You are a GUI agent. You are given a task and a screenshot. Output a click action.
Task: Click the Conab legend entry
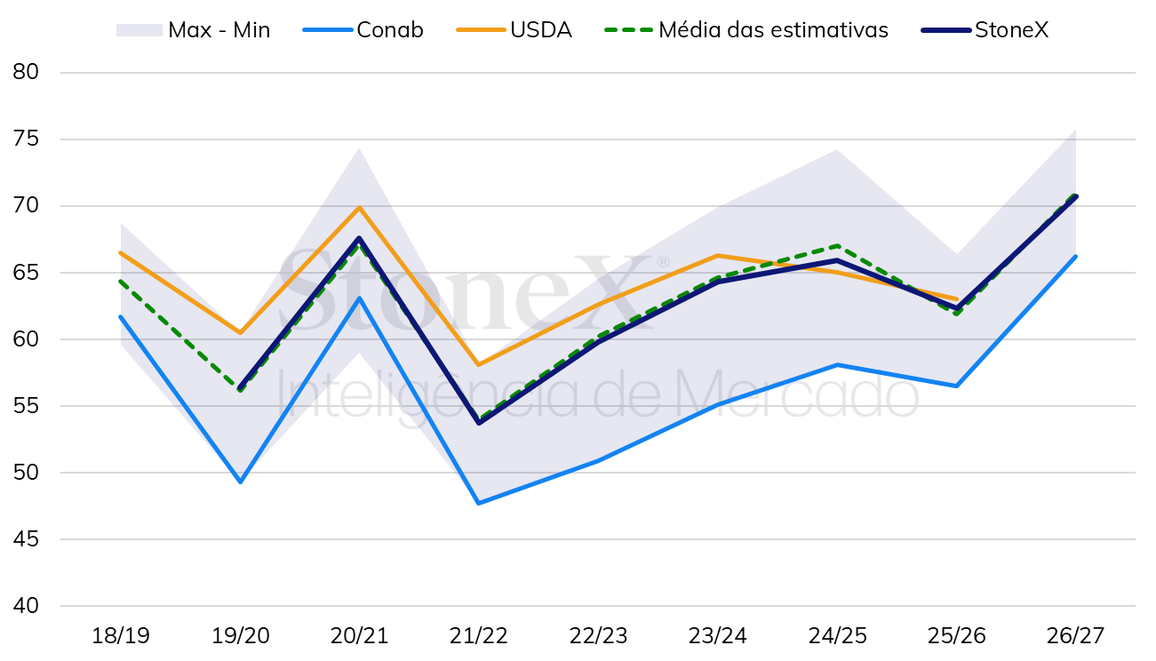[x=363, y=30]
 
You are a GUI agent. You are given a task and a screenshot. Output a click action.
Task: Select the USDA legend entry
[x=514, y=30]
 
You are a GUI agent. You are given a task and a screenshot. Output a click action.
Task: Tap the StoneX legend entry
[x=985, y=30]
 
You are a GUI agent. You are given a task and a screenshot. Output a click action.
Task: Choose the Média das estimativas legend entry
[x=746, y=30]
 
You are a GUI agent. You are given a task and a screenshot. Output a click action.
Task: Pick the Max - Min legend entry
[x=193, y=30]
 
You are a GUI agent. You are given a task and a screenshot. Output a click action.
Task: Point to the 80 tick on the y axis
[x=26, y=72]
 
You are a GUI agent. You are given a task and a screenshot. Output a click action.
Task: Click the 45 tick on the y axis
[x=26, y=539]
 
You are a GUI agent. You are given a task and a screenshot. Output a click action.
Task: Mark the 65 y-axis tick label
[x=26, y=272]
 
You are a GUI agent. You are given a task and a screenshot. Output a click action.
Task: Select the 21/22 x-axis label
[x=478, y=636]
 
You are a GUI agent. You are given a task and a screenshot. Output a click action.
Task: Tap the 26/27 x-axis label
[x=1075, y=636]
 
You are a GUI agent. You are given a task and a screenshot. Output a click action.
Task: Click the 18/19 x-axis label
[x=121, y=636]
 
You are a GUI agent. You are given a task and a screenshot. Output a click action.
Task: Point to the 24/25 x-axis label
[x=837, y=636]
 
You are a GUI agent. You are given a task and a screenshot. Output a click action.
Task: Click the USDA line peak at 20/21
[x=359, y=207]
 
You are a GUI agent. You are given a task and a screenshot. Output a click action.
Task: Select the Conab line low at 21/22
[x=479, y=503]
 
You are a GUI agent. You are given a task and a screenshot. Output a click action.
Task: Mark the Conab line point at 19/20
[x=241, y=482]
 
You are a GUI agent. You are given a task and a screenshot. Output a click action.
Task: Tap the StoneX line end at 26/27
[x=1075, y=196]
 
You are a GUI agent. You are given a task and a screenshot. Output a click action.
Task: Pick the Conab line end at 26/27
[x=1075, y=257]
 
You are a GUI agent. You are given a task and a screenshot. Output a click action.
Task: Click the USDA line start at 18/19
[x=121, y=253]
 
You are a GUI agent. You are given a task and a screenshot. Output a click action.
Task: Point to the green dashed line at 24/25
[x=837, y=245]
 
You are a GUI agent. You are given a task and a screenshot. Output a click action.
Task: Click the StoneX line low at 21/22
[x=479, y=423]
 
